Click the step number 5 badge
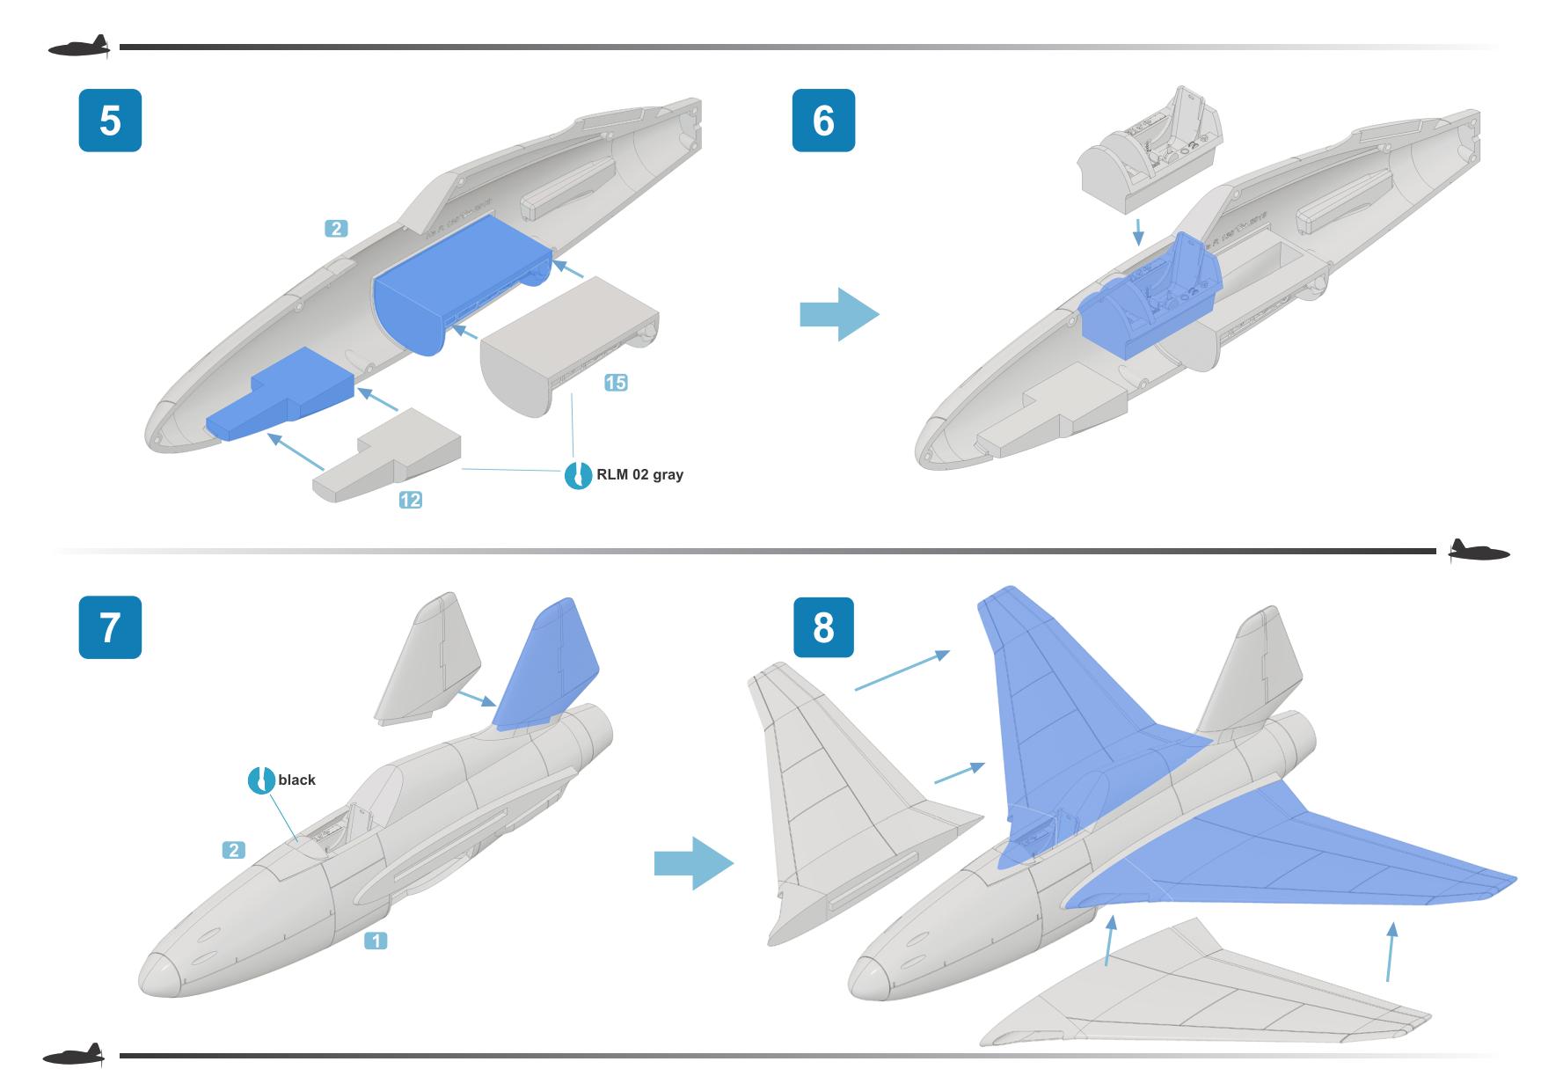coord(110,120)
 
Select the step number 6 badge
coord(823,120)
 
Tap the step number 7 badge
coord(110,627)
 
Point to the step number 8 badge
coord(823,627)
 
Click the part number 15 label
coord(616,382)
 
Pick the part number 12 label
coord(410,500)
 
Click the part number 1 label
coord(376,941)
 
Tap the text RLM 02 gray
coord(639,475)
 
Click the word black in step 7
coord(296,780)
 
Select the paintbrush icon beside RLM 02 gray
coord(578,475)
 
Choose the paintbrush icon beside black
coord(261,780)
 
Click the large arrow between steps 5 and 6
coord(838,314)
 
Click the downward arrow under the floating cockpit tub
coord(1139,232)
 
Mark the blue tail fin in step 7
coord(549,664)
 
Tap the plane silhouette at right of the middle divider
coord(1479,552)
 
